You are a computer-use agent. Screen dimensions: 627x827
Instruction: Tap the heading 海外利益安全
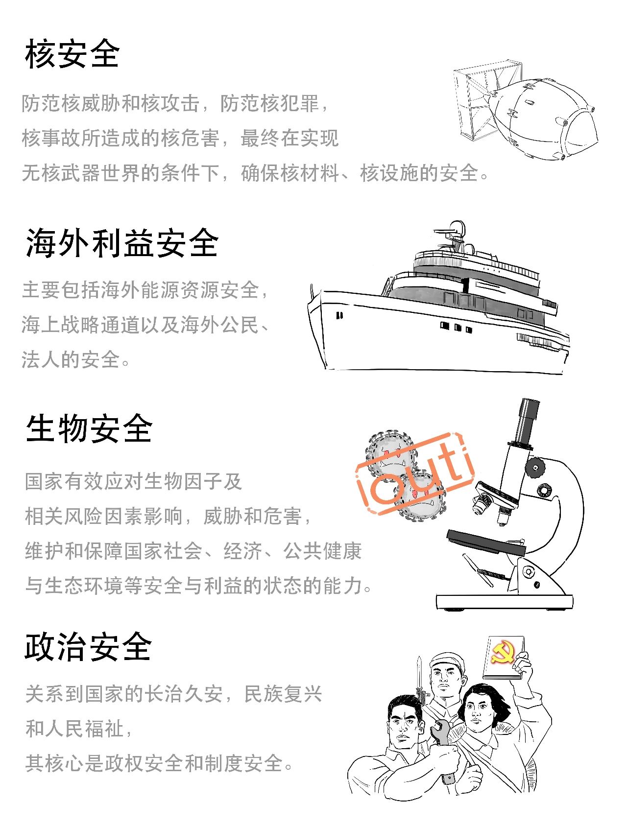122,243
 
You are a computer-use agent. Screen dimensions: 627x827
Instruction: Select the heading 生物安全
89,428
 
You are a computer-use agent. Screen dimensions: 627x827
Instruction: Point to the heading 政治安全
89,647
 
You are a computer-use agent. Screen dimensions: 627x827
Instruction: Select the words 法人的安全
71,359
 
